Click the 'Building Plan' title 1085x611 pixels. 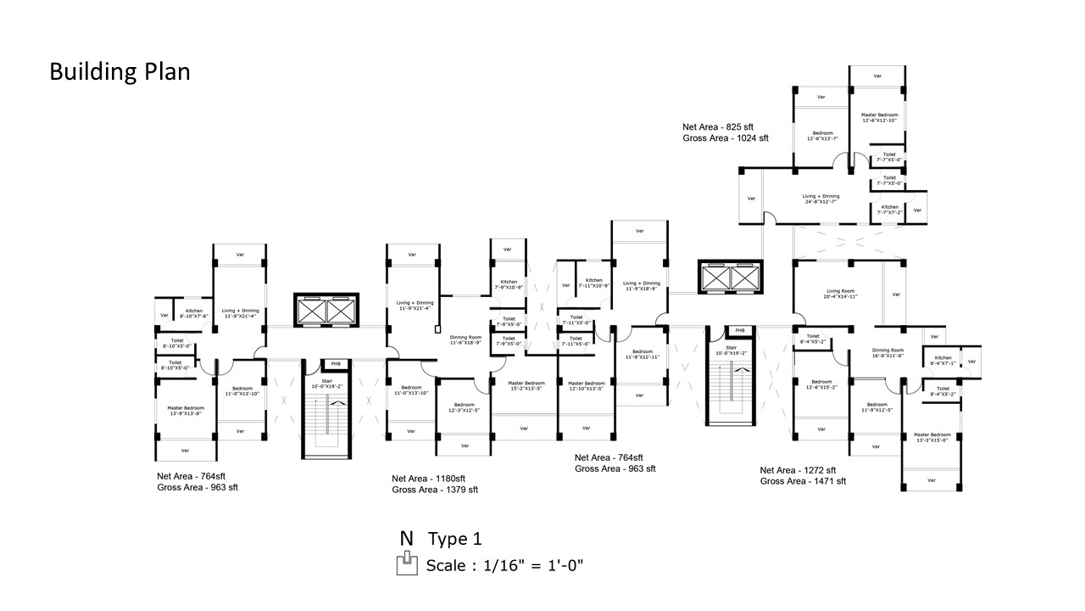click(x=120, y=71)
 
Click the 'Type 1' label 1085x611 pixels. click(x=454, y=539)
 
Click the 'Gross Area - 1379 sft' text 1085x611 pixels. click(x=435, y=490)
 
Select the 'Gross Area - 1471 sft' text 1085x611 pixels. click(x=803, y=481)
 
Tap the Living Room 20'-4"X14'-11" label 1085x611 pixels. click(x=840, y=294)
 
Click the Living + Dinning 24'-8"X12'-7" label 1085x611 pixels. click(x=821, y=199)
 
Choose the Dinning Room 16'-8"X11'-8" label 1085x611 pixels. click(x=888, y=353)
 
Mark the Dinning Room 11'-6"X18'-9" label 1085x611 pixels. click(x=465, y=339)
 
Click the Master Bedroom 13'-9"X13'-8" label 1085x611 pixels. click(x=185, y=410)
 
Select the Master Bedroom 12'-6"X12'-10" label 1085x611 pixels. click(x=879, y=117)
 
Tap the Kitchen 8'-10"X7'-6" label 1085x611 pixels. click(x=194, y=313)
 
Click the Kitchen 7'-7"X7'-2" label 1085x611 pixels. click(x=889, y=210)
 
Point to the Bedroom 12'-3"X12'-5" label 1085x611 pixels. click(x=464, y=407)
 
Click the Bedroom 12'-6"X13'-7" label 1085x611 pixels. click(x=823, y=136)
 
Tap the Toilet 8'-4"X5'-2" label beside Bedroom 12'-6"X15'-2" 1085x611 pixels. click(x=813, y=339)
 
